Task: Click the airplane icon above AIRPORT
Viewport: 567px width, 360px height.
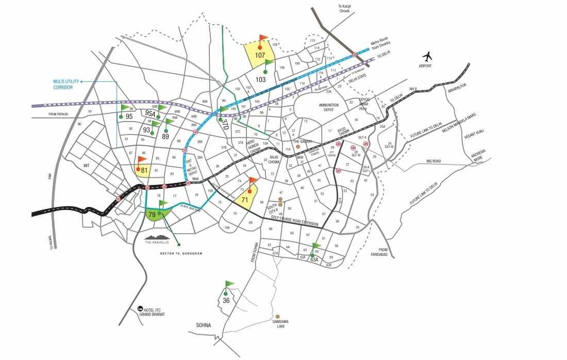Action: coord(426,56)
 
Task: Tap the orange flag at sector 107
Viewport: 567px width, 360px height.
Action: coord(263,38)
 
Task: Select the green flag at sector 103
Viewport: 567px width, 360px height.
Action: coord(268,63)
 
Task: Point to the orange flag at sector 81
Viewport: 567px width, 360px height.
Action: coord(142,160)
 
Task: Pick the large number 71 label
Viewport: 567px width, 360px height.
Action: coord(245,199)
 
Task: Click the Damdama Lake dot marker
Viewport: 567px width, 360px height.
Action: coord(278,316)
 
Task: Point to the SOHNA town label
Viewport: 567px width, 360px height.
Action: coord(204,325)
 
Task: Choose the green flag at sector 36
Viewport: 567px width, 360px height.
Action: coord(229,284)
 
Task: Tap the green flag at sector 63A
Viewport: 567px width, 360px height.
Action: coord(316,246)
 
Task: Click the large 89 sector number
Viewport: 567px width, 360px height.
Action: coord(165,136)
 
